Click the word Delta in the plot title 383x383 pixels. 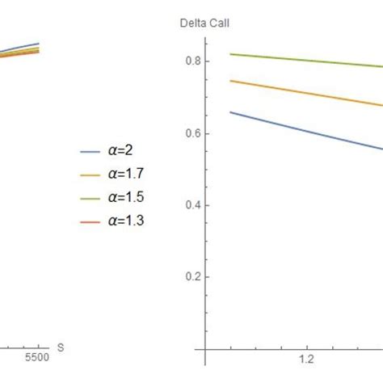pyautogui.click(x=191, y=23)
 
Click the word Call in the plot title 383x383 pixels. pyautogui.click(x=215, y=23)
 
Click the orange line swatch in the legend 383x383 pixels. pyautogui.click(x=88, y=174)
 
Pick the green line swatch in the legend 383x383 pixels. pyautogui.click(x=88, y=196)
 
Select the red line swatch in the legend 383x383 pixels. pyautogui.click(x=88, y=217)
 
